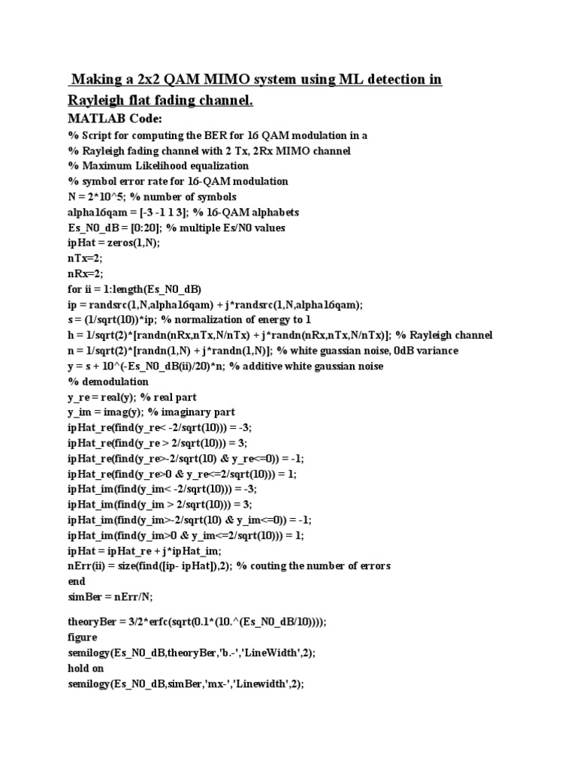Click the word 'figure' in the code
coord(83,638)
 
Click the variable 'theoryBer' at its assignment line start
coord(92,622)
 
